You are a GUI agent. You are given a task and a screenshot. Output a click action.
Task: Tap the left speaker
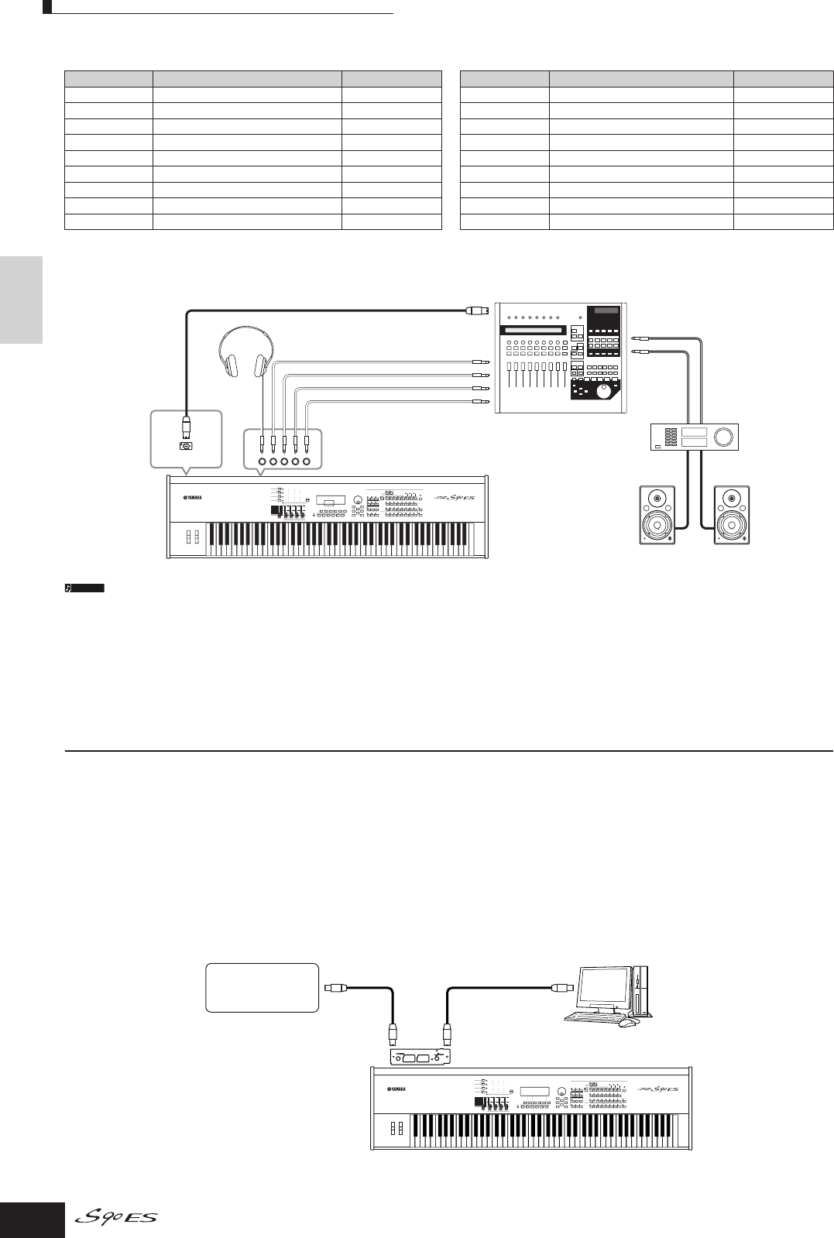coord(657,515)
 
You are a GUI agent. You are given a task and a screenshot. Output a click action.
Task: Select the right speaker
coord(732,515)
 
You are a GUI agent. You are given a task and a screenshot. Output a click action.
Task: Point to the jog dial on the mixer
coord(602,393)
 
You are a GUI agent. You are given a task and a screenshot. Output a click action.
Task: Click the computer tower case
coord(641,991)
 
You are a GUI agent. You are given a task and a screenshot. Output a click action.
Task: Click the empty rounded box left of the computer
coord(263,987)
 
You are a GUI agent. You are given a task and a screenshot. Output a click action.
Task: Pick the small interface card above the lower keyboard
coord(418,1057)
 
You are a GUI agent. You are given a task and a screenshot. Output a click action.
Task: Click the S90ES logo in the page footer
coord(117,1218)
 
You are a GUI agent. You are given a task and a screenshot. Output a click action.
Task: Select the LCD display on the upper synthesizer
coord(331,498)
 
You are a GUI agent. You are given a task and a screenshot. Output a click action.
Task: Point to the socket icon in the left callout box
coord(187,445)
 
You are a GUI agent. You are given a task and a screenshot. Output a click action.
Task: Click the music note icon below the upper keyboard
coord(68,588)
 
